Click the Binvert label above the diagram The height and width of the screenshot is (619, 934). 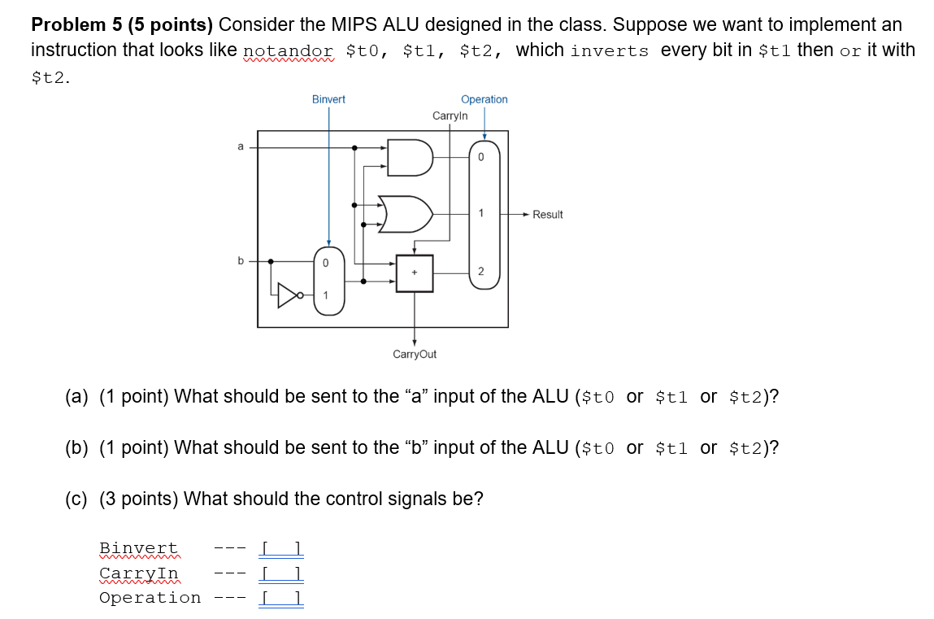328,99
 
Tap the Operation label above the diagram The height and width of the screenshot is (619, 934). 484,99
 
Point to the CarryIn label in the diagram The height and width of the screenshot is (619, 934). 450,116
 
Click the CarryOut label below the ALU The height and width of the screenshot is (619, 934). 415,354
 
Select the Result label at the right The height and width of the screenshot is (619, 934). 548,215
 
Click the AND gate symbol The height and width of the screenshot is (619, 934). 408,158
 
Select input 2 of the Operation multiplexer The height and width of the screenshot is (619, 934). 480,271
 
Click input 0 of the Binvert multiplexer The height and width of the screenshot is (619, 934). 325,264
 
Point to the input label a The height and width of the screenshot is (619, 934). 240,146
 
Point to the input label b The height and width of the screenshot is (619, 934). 240,260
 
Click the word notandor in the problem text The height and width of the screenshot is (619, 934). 289,50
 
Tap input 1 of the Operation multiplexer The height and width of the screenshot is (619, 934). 480,214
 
